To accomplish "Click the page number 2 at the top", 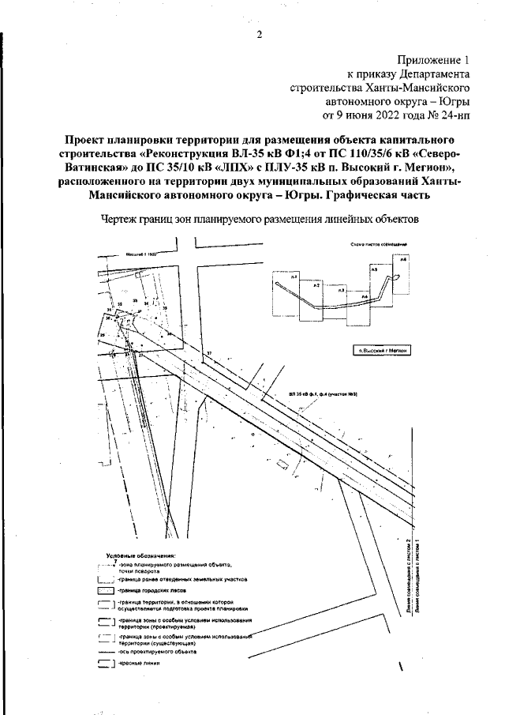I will (x=259, y=34).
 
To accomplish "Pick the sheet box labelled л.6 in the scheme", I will (x=403, y=259).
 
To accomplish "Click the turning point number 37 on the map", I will (x=209, y=353).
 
